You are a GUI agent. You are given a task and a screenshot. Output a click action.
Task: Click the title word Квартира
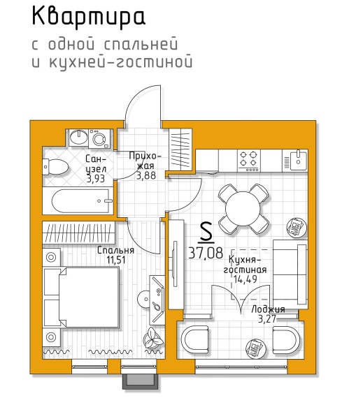pyautogui.click(x=89, y=17)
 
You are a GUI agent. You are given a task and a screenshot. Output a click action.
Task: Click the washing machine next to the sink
pyautogui.click(x=100, y=138)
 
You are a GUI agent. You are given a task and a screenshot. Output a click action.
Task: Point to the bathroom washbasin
pyautogui.click(x=78, y=138)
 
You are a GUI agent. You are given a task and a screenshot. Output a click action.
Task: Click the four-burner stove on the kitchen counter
pyautogui.click(x=249, y=161)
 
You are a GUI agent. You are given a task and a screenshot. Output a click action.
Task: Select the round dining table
pyautogui.click(x=243, y=209)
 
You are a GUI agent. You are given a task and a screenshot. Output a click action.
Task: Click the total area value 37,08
pyautogui.click(x=206, y=253)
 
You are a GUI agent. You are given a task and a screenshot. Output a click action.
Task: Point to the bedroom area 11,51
pyautogui.click(x=116, y=260)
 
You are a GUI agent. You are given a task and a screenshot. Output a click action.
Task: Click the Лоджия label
pyautogui.click(x=268, y=309)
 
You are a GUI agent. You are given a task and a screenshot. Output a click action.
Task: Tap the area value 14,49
pyautogui.click(x=245, y=279)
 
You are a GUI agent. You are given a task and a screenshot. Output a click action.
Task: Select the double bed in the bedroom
pyautogui.click(x=81, y=297)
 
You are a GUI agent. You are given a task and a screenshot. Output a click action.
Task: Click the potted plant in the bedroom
pyautogui.click(x=153, y=339)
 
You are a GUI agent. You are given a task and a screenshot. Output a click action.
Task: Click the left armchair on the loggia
pyautogui.click(x=195, y=339)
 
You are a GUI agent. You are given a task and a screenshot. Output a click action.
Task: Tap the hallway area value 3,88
pyautogui.click(x=146, y=176)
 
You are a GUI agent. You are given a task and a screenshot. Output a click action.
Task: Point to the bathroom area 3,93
pyautogui.click(x=96, y=178)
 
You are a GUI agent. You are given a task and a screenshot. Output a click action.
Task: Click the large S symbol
pyautogui.click(x=206, y=233)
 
